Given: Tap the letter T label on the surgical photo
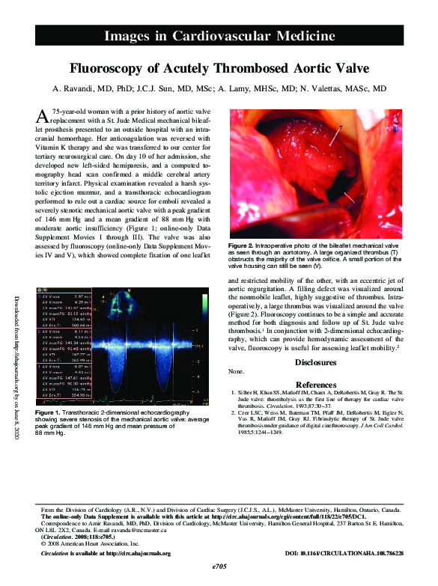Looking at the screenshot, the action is (341, 128).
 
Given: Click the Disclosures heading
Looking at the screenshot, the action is (315, 361).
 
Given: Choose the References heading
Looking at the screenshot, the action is (315, 384).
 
